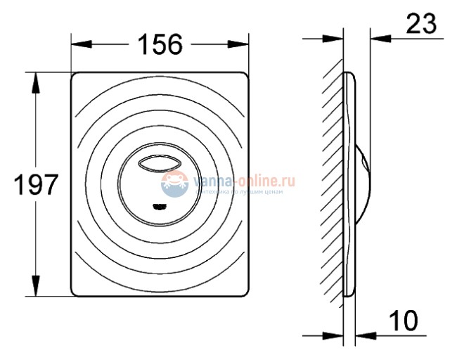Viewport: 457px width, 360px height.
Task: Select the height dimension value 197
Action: coord(37,186)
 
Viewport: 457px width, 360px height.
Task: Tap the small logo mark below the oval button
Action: coord(161,206)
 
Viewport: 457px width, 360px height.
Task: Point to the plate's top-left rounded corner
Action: coord(76,76)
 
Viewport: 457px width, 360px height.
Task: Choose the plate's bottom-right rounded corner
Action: coord(246,290)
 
